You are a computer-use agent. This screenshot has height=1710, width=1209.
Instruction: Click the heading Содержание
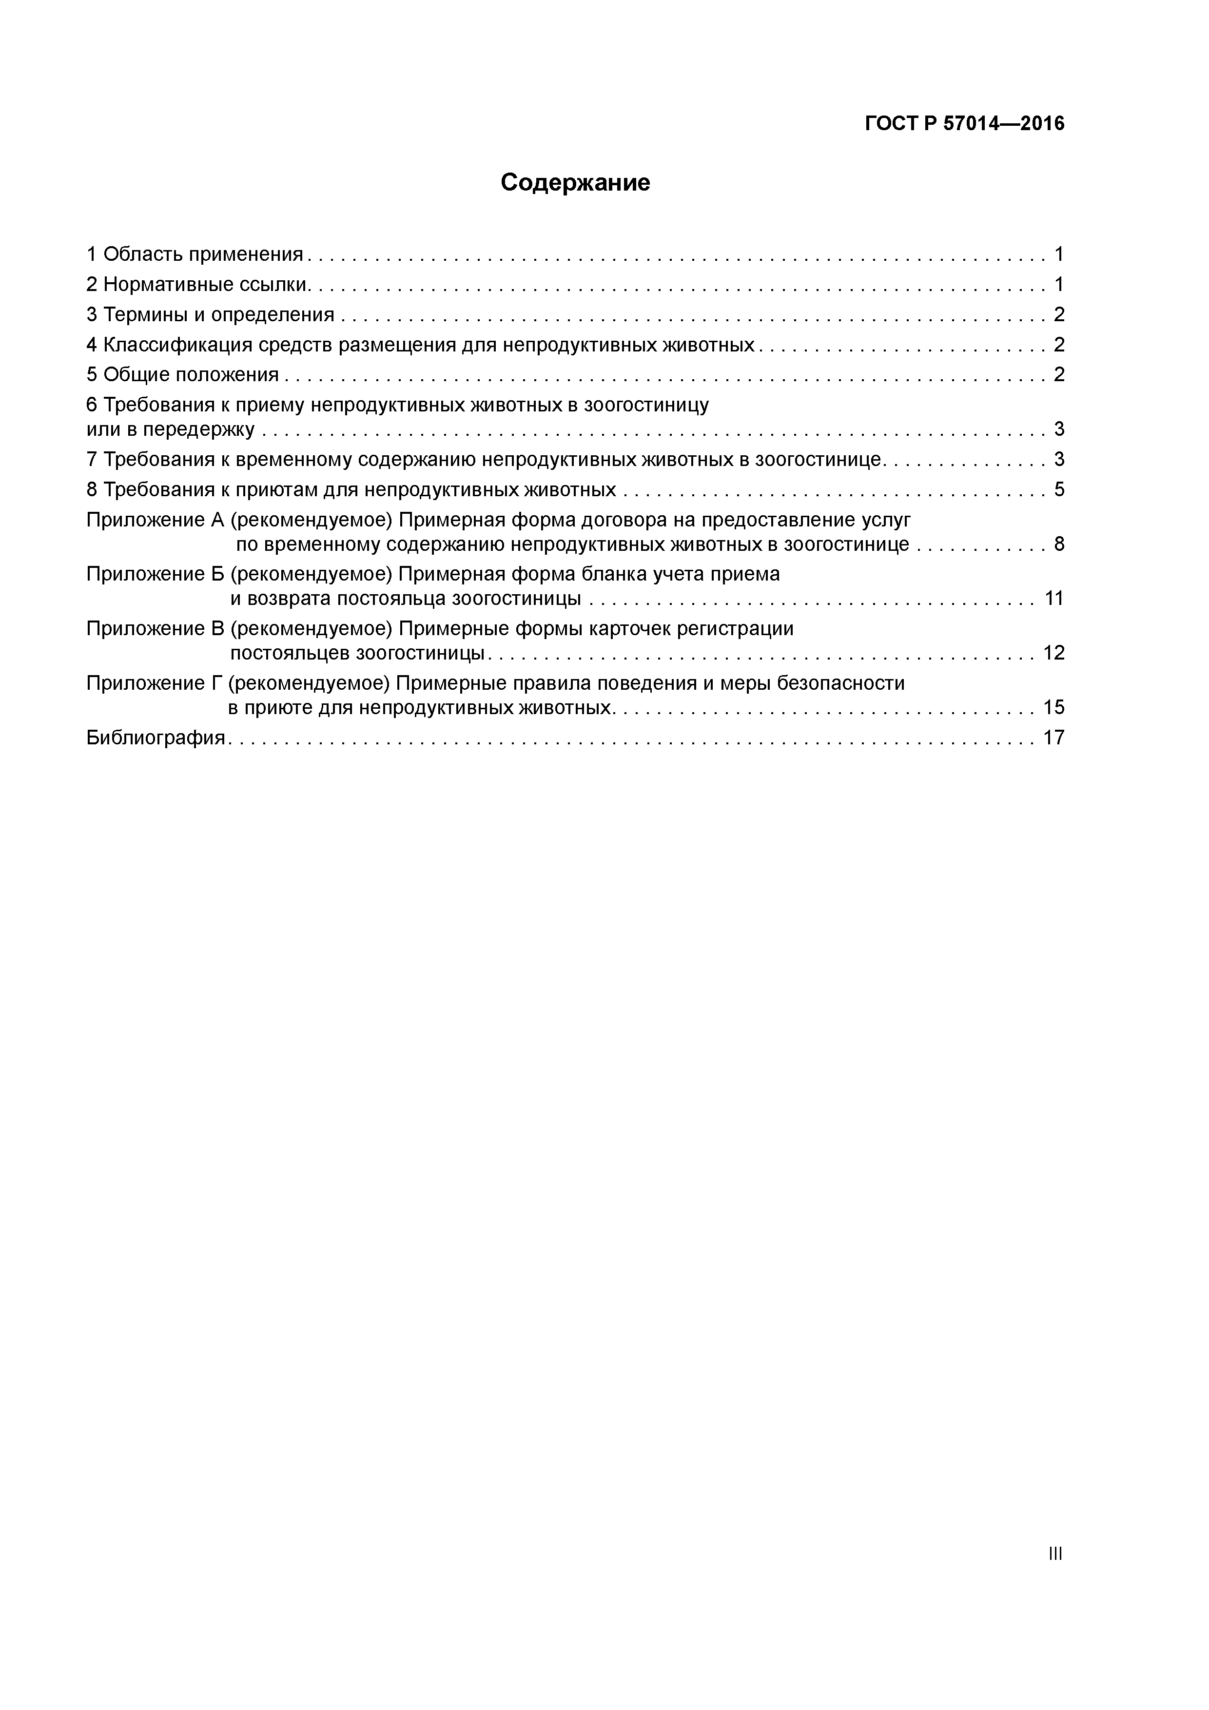click(x=575, y=182)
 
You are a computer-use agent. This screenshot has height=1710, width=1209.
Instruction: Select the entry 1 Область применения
click(x=195, y=255)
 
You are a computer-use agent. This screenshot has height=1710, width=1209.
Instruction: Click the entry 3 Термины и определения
click(x=211, y=315)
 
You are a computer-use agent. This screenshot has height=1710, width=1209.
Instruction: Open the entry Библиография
click(x=156, y=738)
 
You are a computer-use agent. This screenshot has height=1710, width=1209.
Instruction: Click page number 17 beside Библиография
click(x=1053, y=738)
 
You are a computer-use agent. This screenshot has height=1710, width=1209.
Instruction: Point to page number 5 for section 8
click(x=1058, y=490)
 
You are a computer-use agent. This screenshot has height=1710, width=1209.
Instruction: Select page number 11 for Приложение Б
click(x=1053, y=599)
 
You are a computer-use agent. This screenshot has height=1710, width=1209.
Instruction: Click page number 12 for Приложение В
click(x=1053, y=653)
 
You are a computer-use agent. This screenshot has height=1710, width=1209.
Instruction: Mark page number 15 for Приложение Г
click(x=1053, y=707)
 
